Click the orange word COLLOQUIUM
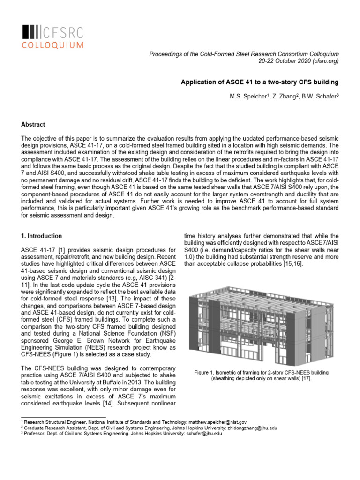53,45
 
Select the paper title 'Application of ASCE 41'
260,82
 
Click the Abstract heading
33,125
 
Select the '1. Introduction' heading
42,236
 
